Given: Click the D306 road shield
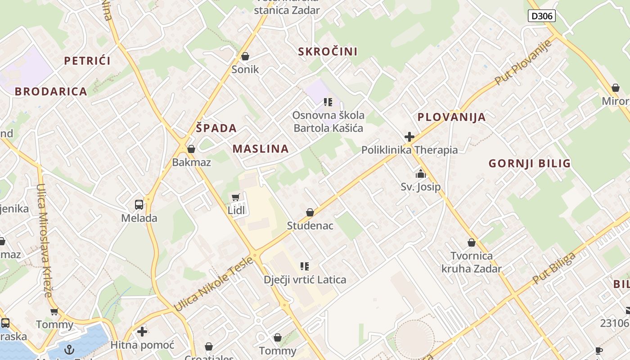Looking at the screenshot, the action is coord(542,16).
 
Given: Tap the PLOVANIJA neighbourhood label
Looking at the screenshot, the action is coord(451,117).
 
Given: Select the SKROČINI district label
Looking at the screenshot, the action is coord(328,52).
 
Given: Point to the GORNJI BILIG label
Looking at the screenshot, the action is coord(530,163).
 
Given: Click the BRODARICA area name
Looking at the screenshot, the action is coord(51,91).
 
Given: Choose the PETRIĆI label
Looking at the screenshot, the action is coord(87,61).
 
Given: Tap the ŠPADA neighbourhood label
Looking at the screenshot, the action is coord(216,128).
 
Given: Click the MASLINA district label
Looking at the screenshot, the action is coord(261,149).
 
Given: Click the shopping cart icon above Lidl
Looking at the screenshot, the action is coord(235,198).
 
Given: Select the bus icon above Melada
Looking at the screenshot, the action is coord(139,205).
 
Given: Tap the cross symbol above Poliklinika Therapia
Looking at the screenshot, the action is coord(409,137).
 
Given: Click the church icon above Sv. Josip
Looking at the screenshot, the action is coord(421,174).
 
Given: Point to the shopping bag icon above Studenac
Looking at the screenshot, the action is coord(310,212).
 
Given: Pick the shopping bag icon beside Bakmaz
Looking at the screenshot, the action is coord(191,149).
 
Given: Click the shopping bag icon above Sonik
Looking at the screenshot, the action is coord(245,56).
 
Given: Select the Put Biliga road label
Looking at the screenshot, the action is coord(554,268).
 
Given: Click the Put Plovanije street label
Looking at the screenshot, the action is coord(523,62).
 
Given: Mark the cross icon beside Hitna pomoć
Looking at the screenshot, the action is coord(142,332).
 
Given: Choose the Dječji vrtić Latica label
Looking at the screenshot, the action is coord(305,279).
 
